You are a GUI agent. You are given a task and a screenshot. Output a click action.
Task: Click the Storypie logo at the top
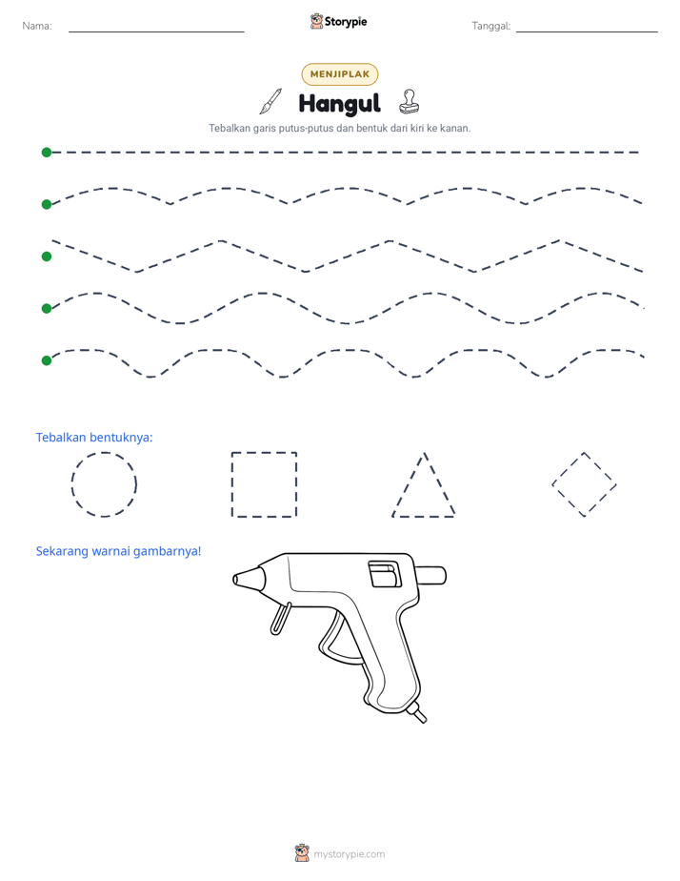[x=338, y=21]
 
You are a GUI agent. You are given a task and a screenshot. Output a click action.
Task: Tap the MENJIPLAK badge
[x=340, y=74]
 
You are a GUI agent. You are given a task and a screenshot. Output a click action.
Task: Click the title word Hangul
[x=339, y=103]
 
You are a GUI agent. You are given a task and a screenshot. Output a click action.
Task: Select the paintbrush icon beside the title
[x=270, y=101]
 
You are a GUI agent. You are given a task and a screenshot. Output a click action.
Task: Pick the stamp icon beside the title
[x=409, y=102]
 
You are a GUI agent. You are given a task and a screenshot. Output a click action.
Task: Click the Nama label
[x=37, y=26]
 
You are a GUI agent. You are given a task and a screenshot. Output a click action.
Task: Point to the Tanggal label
[x=490, y=26]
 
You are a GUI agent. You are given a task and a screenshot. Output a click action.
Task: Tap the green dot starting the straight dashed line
[x=47, y=153]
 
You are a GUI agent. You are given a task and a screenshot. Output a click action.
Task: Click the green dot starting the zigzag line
[x=47, y=256]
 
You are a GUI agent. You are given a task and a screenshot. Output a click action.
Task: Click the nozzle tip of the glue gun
[x=236, y=579]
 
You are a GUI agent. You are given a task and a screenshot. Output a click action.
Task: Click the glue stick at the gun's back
[x=430, y=575]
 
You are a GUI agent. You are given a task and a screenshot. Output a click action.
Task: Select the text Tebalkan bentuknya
[x=94, y=437]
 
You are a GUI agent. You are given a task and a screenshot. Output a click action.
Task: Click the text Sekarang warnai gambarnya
[x=118, y=551]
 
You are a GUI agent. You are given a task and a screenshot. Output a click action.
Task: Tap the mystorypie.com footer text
[x=349, y=854]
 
